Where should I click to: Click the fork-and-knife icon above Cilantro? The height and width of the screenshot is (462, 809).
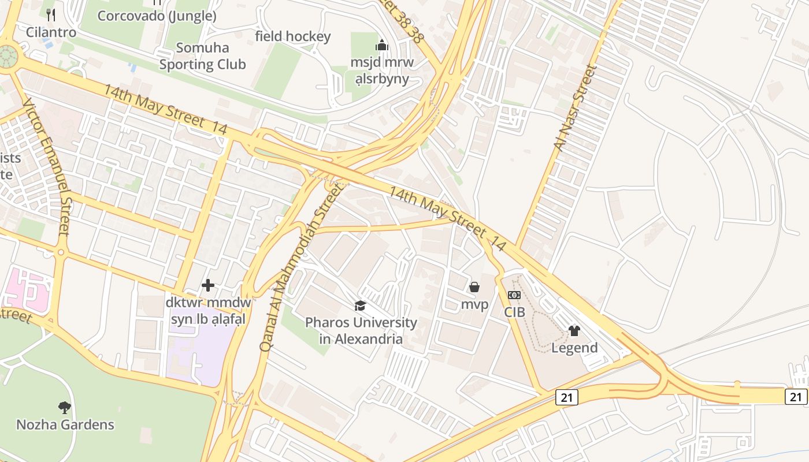click(51, 14)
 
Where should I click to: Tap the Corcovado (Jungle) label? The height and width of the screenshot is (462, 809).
click(157, 16)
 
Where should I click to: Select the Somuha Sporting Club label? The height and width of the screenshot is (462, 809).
click(202, 56)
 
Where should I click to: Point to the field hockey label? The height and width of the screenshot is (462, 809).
click(293, 36)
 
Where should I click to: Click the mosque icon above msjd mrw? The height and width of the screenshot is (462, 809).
click(381, 45)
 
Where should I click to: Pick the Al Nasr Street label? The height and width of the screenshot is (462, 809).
click(574, 108)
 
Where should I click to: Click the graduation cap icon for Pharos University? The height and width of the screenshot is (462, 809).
click(361, 305)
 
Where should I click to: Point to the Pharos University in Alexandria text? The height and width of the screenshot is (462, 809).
click(361, 330)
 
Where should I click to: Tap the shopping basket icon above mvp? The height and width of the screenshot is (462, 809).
click(474, 287)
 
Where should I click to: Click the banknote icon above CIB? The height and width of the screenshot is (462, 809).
click(514, 295)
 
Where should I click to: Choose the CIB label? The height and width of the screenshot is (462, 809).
click(514, 312)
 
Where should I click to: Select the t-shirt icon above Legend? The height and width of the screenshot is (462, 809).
click(574, 331)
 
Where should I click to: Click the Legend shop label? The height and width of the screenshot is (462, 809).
click(574, 348)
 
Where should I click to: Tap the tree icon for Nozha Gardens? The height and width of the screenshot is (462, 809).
click(65, 408)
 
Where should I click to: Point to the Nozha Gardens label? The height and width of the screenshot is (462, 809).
click(65, 424)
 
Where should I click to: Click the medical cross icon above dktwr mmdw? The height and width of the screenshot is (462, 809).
click(208, 285)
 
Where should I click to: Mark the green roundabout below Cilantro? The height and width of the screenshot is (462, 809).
click(8, 56)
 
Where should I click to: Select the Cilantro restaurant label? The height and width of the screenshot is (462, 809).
click(51, 32)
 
